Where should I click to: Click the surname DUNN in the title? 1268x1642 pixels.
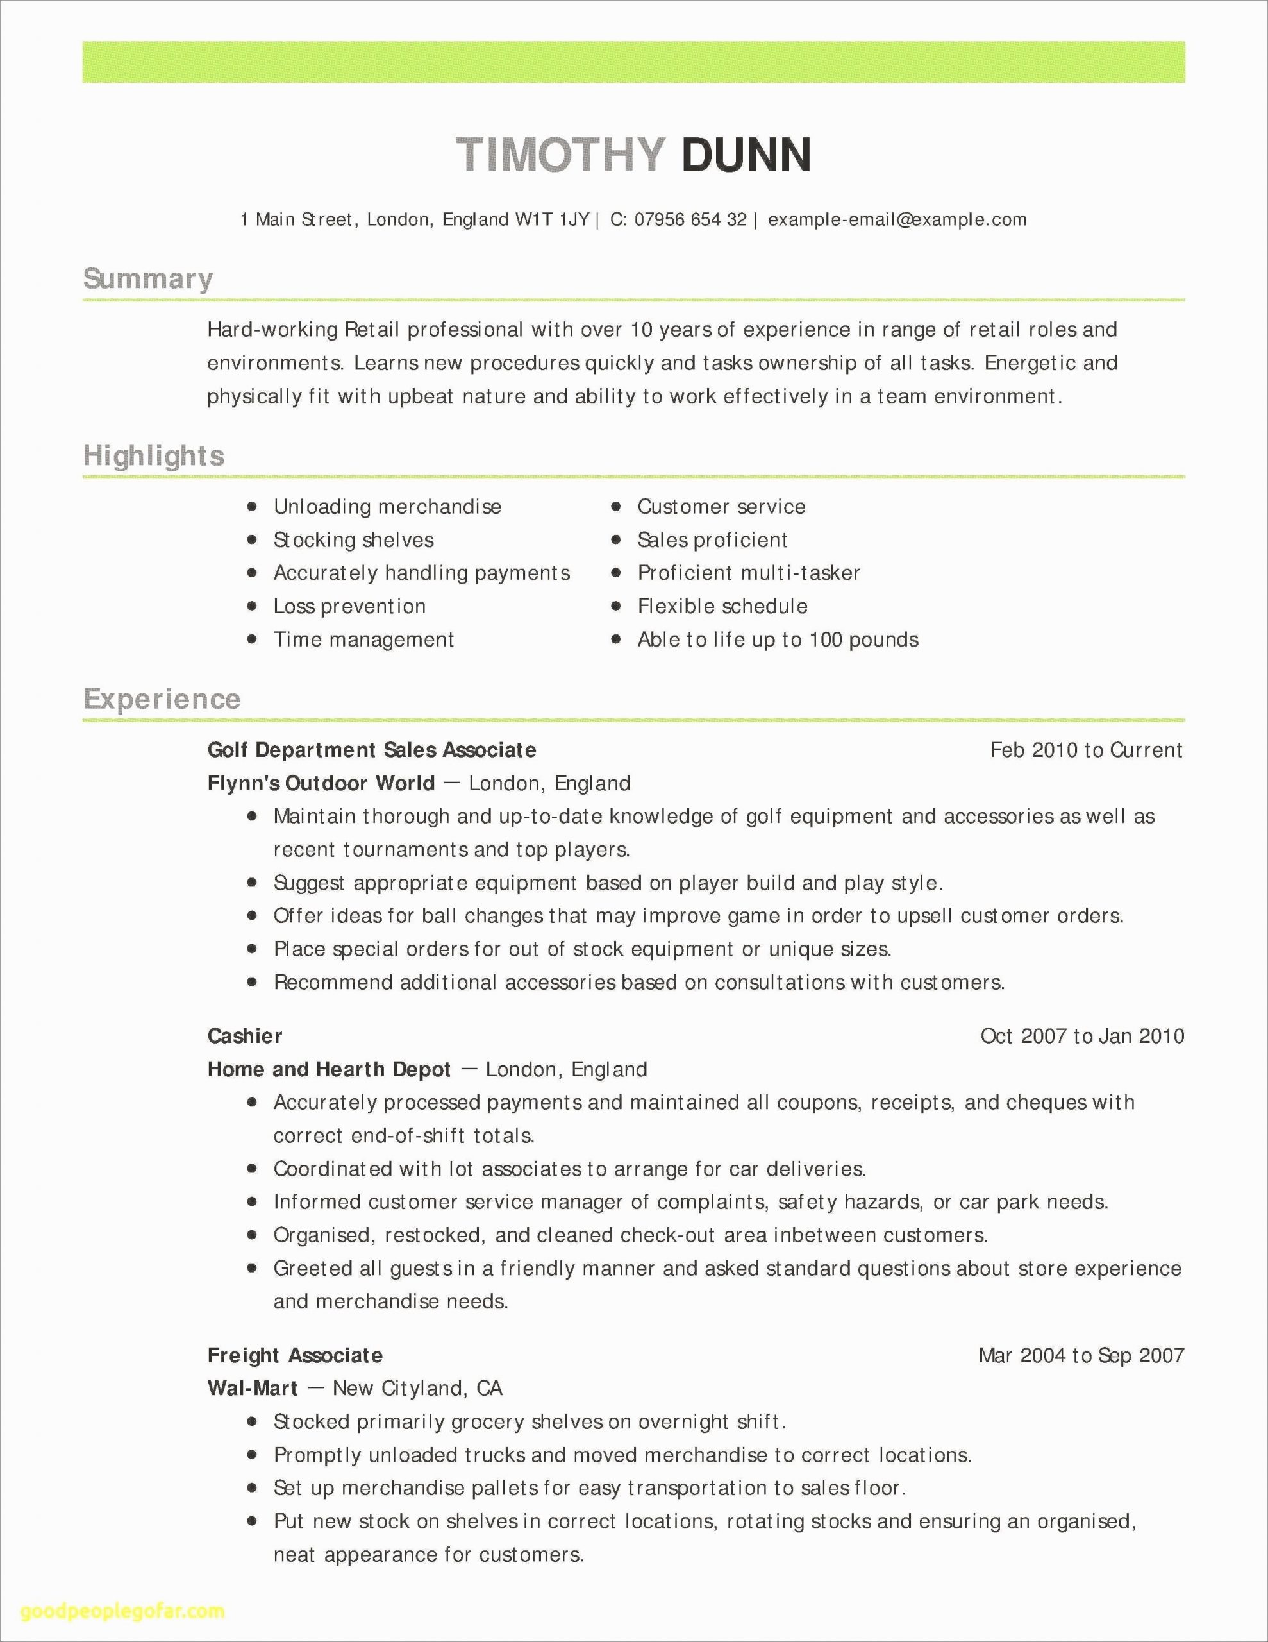[746, 155]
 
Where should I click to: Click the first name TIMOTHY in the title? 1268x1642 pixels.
[561, 155]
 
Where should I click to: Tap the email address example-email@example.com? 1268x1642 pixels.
[897, 219]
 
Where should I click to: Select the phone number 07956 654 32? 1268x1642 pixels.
[690, 219]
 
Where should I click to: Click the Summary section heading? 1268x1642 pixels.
[148, 279]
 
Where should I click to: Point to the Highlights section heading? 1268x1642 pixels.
[154, 455]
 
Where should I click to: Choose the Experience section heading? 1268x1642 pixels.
[162, 699]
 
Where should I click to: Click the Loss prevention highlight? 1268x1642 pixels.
[349, 606]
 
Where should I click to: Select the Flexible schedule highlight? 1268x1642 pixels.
[722, 606]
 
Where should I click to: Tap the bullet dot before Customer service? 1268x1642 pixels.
[616, 507]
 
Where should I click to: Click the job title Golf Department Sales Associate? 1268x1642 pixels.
[372, 750]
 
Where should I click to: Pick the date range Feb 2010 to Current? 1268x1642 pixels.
[1086, 750]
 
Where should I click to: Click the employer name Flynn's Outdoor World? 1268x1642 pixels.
[321, 783]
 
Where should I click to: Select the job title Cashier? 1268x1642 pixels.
[245, 1036]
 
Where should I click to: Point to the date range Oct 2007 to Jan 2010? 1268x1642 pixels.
[1081, 1036]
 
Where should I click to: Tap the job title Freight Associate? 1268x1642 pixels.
[295, 1355]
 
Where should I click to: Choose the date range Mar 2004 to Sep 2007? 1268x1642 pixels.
[1081, 1355]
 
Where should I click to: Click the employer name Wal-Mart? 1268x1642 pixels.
[253, 1388]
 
